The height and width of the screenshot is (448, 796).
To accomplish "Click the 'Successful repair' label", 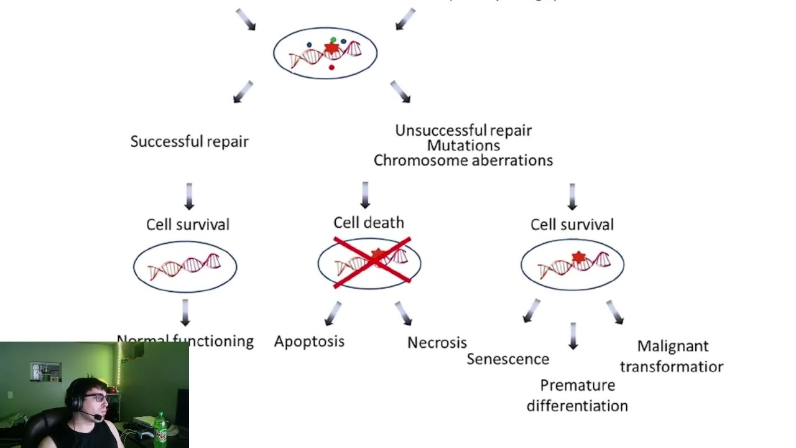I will point(190,141).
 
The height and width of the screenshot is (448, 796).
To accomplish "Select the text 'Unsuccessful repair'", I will point(463,130).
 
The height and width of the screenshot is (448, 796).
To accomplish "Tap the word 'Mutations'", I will point(463,145).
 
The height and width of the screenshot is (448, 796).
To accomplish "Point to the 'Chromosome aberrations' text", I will point(463,160).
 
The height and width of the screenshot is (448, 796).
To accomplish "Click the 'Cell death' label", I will point(369,222).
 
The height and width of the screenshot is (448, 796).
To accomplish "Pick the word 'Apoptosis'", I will point(309,341).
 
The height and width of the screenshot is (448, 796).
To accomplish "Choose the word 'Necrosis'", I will point(437,342).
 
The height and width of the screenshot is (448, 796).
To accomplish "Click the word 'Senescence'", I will point(507,359).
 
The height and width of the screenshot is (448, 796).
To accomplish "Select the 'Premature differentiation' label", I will point(577,395).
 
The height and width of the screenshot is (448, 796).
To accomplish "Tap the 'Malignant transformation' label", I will point(672,356).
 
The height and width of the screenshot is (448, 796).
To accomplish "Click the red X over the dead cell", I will point(372,262).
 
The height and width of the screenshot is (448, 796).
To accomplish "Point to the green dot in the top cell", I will point(333,40).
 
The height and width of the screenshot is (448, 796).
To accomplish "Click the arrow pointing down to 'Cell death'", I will point(365,195).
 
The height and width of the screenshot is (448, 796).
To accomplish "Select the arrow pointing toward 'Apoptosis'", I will point(333,313).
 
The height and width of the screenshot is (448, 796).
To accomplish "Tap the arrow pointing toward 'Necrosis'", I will point(404,313).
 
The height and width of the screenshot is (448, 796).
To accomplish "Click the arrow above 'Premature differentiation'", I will point(573,335).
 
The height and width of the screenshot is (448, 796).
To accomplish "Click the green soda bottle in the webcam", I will point(160,429).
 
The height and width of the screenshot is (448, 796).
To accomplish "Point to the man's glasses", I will point(96,398).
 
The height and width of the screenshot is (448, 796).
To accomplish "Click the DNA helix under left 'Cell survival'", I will point(185,266).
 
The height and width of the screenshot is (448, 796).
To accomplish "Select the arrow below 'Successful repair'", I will point(189,195).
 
